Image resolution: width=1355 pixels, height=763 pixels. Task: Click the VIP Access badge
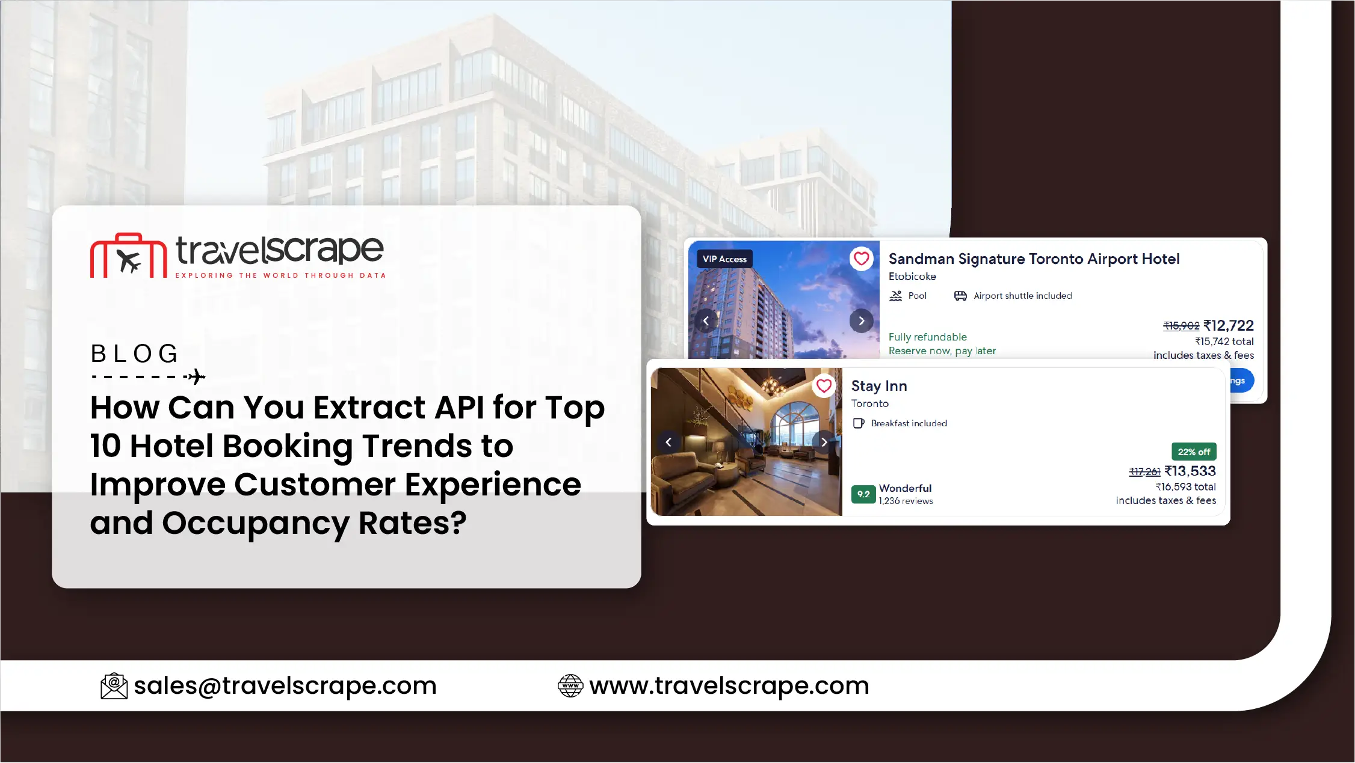point(724,259)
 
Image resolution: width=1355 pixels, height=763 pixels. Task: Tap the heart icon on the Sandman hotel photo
point(862,259)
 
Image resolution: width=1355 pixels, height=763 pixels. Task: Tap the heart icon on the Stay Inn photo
point(824,385)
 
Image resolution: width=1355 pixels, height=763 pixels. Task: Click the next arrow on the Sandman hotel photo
point(862,321)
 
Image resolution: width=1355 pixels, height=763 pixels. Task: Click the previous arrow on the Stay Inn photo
point(668,443)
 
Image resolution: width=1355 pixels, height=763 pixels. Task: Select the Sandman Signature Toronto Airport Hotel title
point(1034,259)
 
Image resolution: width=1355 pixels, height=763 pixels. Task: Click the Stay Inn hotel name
point(879,386)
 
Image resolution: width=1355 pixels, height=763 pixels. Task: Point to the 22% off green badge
point(1194,452)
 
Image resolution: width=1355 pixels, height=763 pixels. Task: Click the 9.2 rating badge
point(863,494)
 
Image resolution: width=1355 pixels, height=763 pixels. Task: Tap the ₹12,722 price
point(1228,326)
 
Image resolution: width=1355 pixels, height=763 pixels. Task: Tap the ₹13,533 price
point(1190,471)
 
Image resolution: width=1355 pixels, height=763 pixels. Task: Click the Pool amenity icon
point(896,296)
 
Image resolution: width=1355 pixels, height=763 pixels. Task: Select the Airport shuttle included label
point(1023,296)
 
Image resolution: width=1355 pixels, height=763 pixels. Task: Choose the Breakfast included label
point(909,423)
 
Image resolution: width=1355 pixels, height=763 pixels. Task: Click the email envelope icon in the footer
point(114,686)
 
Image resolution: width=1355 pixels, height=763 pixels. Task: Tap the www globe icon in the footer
point(570,686)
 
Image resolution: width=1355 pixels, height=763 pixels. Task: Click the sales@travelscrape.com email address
point(285,685)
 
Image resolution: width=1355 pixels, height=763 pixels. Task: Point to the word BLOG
point(135,354)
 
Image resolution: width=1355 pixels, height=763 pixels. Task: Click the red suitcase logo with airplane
point(128,256)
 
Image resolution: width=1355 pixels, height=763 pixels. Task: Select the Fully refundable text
point(928,337)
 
